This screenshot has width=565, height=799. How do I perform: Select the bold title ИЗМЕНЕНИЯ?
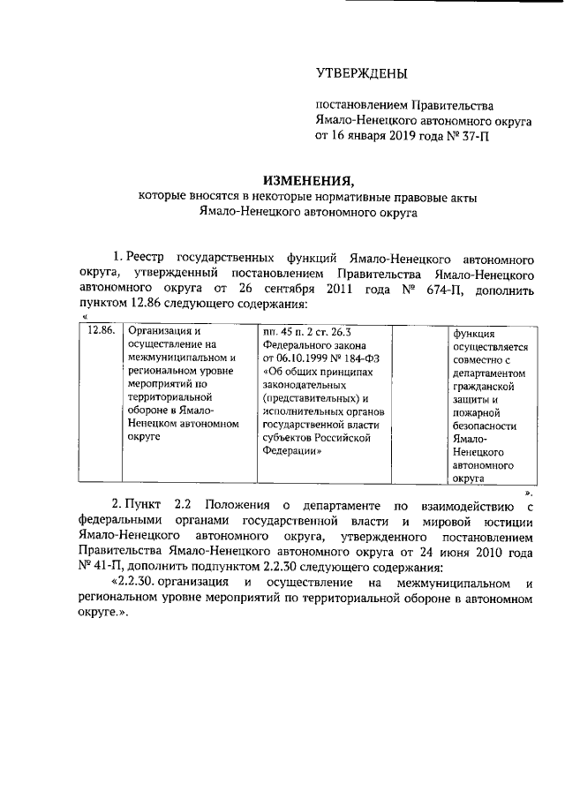click(306, 177)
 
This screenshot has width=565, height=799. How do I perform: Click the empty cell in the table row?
click(419, 402)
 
